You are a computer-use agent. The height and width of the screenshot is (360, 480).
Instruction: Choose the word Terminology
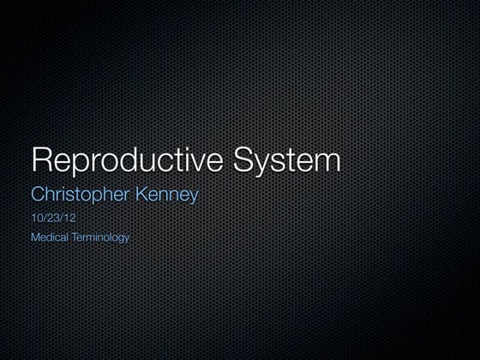(100, 237)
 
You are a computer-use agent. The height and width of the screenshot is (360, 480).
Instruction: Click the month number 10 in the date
(36, 219)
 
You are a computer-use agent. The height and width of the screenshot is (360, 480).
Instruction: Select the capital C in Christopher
(37, 195)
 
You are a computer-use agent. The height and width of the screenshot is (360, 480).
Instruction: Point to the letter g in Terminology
(121, 238)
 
